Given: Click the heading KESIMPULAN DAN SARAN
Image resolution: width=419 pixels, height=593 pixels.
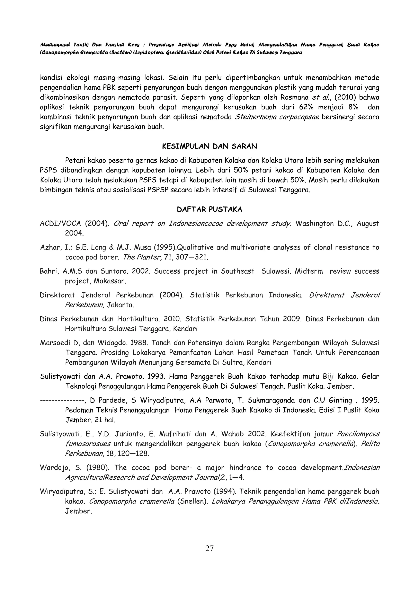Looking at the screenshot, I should coord(209,147).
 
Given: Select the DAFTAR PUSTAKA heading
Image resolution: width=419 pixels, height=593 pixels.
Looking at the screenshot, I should coord(209,210).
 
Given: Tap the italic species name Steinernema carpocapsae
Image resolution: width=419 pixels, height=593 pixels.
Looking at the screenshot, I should coord(277,117).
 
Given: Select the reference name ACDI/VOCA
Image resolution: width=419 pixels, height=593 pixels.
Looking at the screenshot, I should coord(60,223).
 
